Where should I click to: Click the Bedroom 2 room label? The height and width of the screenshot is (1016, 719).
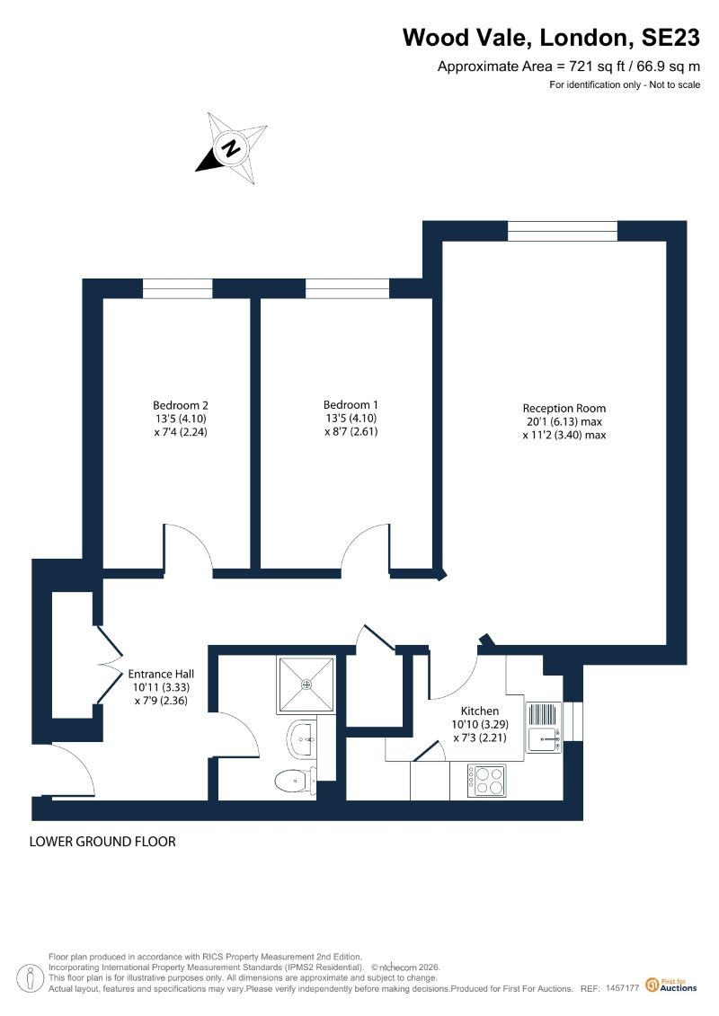click(x=181, y=406)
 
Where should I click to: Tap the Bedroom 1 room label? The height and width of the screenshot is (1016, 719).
click(x=351, y=405)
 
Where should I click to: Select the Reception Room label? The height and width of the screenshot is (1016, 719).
click(x=564, y=408)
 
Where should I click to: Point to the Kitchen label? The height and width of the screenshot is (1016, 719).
click(x=480, y=711)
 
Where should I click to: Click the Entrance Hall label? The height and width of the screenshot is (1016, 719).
click(x=161, y=674)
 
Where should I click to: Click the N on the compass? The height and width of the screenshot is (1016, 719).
click(x=231, y=147)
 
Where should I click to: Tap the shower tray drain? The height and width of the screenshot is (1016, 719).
click(x=306, y=685)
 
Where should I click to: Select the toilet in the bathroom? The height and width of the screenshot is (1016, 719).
click(x=296, y=780)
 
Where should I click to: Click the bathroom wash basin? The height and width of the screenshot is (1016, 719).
click(x=300, y=738)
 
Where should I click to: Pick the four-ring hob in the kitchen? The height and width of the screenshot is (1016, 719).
click(x=487, y=781)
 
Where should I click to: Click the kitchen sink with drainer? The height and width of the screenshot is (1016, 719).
click(x=544, y=728)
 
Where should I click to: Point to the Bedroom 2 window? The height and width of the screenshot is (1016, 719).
click(x=178, y=288)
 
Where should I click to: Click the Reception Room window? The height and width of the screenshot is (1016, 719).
click(x=562, y=231)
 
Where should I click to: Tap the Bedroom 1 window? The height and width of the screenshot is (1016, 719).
click(x=348, y=288)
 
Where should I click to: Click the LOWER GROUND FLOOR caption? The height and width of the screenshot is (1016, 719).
click(x=102, y=842)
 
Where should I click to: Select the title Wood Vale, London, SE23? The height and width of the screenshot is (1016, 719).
click(x=551, y=38)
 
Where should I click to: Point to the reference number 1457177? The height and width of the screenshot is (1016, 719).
click(x=623, y=988)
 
